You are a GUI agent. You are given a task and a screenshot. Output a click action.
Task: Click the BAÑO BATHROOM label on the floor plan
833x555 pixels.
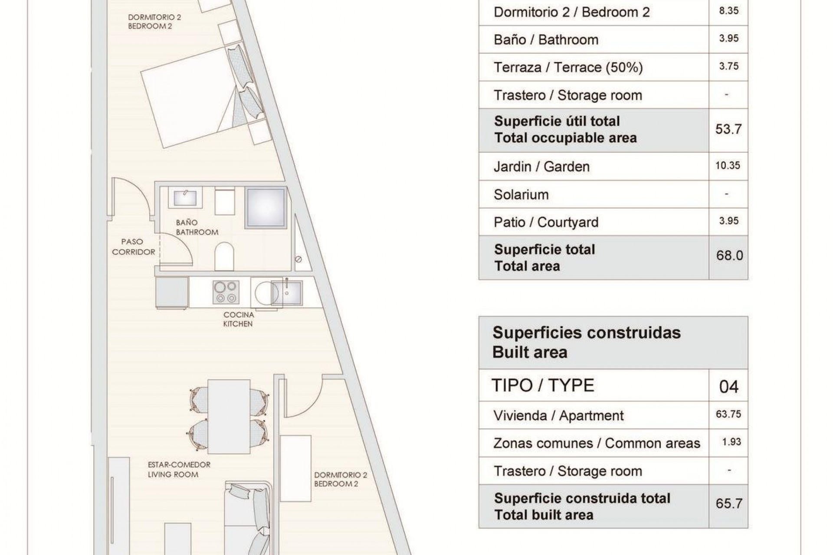(197, 227)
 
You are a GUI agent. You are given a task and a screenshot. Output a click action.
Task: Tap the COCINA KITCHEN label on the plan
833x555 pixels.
(238, 319)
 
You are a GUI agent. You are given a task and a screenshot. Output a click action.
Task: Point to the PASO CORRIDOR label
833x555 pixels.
(133, 247)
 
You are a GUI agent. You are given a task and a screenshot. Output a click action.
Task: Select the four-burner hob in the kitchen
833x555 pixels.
(226, 292)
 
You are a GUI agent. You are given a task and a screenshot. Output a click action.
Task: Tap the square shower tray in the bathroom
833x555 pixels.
(265, 208)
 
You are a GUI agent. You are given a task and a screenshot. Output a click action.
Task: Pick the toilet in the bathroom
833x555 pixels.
(224, 256)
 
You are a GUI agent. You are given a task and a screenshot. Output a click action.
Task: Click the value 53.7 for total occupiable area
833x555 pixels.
(728, 129)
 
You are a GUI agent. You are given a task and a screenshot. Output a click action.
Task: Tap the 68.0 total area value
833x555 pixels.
(729, 255)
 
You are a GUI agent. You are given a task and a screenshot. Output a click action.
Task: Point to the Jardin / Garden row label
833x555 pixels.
(541, 166)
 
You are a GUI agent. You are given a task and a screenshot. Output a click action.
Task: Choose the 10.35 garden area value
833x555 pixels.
(728, 165)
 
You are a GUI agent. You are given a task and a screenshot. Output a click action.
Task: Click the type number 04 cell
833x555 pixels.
(728, 386)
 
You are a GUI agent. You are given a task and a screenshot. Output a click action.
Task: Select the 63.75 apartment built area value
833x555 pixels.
(728, 414)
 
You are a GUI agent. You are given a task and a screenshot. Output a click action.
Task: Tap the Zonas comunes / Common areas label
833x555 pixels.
(597, 443)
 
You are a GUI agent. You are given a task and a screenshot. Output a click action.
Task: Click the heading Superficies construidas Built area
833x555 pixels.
(587, 343)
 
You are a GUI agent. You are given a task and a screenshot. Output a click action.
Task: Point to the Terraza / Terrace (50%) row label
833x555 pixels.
(568, 68)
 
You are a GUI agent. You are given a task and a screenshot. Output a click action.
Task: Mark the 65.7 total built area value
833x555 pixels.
(729, 503)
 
